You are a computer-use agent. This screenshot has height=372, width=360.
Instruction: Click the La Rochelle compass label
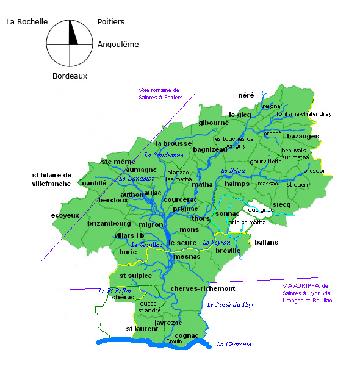pos(27,21)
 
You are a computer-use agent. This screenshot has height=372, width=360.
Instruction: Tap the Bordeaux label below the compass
pos(70,76)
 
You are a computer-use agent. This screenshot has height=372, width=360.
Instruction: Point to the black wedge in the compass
pos(73,33)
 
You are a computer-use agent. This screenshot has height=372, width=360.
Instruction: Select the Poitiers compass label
pos(111,21)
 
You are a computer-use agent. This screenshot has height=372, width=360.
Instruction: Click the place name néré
pos(246,95)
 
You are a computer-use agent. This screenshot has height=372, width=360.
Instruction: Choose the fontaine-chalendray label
pos(304,114)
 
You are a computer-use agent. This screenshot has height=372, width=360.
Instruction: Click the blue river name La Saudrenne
pos(164,155)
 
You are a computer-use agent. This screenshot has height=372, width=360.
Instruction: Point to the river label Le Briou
pos(232,170)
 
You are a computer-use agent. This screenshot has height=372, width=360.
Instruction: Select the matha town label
pos(202,184)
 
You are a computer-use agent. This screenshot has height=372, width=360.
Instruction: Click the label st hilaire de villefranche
pos(52,179)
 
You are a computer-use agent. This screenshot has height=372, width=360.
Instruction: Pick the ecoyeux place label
pos(65,215)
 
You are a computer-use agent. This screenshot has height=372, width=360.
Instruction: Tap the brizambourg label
pos(109,223)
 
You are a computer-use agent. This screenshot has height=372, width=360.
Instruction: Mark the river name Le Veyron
pos(216,242)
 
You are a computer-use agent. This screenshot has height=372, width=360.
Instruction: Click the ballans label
pos(266,242)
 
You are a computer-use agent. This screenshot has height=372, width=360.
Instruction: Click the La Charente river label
pos(234,344)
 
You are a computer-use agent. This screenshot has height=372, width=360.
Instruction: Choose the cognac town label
pos(187,335)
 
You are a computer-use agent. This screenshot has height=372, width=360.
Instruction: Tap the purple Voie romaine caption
pos(159,93)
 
